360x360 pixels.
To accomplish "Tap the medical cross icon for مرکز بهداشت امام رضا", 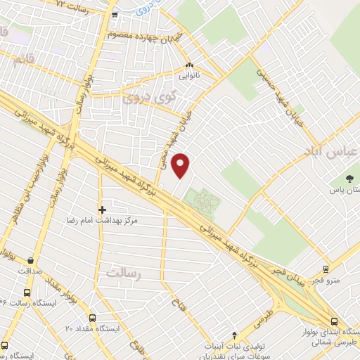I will [x=102, y=210].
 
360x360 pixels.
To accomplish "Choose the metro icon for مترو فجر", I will [x=325, y=269].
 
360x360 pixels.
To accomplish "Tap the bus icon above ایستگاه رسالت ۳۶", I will [x=27, y=292].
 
